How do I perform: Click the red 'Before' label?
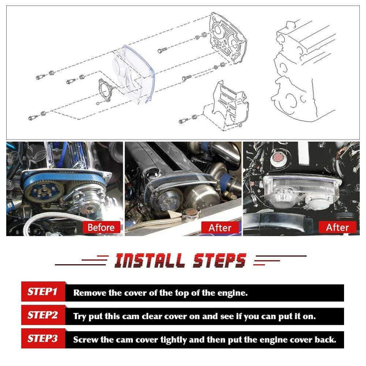click(x=101, y=228)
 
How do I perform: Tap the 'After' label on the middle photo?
click(x=220, y=228)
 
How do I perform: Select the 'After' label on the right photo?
click(x=337, y=228)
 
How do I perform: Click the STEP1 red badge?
click(x=43, y=292)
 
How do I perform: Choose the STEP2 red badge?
click(x=43, y=315)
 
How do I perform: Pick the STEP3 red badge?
click(x=43, y=338)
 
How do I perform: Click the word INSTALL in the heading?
click(x=149, y=260)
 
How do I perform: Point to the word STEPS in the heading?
click(x=220, y=260)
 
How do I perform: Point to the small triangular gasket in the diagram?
click(x=104, y=90)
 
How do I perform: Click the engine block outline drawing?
click(x=303, y=70)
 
